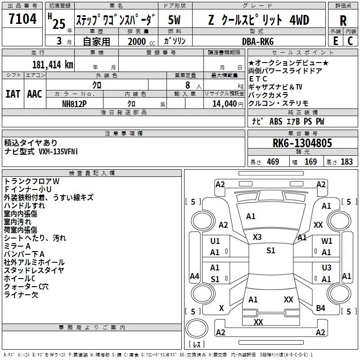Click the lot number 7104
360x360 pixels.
coord(22,20)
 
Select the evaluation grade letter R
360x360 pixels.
coord(343,21)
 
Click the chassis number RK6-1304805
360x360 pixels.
coord(302,143)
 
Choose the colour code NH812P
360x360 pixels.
coord(75,103)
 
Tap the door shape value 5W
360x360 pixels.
coord(175,20)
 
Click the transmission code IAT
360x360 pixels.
coord(13,94)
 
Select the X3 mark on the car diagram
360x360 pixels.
coord(257,237)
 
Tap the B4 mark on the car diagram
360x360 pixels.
coord(320,308)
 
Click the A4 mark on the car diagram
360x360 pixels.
coord(194,276)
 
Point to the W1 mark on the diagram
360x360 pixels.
coord(327,241)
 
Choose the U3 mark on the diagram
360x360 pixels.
coord(327,268)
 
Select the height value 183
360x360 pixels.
coord(346,162)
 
